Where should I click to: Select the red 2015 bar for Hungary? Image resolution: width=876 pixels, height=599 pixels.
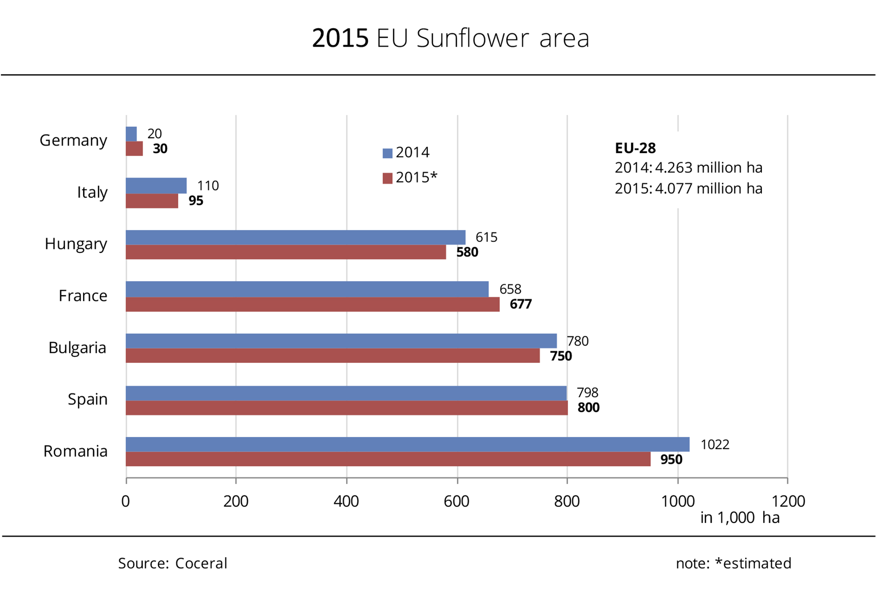(x=286, y=252)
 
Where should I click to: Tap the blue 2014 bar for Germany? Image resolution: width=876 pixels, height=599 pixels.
(x=131, y=134)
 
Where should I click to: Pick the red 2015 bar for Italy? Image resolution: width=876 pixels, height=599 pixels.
(x=152, y=201)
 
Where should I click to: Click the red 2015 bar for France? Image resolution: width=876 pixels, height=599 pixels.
(x=312, y=304)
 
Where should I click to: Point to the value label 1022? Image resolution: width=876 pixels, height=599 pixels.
(x=714, y=445)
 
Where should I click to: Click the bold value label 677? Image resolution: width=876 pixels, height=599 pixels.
(x=521, y=304)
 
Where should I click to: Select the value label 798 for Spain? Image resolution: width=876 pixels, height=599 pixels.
(x=587, y=392)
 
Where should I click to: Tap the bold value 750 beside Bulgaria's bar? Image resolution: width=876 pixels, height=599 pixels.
(x=561, y=356)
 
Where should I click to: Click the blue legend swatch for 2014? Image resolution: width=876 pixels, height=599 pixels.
(x=388, y=153)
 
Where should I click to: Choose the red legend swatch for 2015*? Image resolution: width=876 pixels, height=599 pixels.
(x=388, y=178)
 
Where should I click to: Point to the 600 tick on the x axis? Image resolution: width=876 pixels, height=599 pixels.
(x=457, y=501)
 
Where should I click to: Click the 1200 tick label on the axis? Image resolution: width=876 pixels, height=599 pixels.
(x=788, y=501)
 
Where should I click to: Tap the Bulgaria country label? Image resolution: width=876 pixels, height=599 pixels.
(x=77, y=347)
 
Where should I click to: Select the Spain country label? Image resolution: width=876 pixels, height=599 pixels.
(x=87, y=399)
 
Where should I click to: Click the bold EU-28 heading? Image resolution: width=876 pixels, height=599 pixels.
(x=635, y=148)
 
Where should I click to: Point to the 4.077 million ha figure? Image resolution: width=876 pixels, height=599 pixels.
(x=708, y=188)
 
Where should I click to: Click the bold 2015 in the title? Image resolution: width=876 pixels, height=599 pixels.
(x=340, y=38)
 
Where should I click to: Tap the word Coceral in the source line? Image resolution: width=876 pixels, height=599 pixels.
(x=201, y=563)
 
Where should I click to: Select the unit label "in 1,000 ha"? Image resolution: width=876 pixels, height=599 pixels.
(x=740, y=518)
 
